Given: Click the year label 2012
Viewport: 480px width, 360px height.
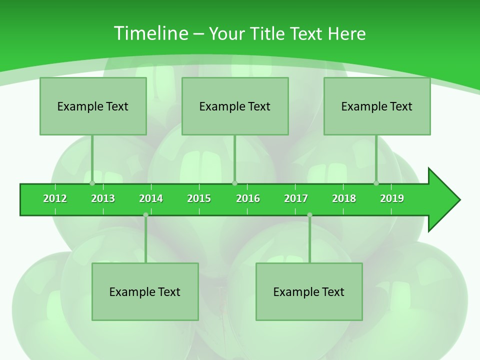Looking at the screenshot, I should click(x=55, y=198).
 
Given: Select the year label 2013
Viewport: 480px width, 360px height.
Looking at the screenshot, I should click(x=103, y=198).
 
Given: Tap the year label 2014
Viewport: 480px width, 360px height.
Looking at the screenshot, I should click(x=151, y=198).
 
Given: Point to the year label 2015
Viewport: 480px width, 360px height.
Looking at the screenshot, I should click(x=199, y=198).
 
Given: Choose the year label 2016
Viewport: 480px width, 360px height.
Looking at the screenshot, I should click(x=248, y=198).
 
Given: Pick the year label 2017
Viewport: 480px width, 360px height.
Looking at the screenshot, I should click(x=296, y=198).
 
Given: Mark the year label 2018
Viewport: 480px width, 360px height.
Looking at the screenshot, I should click(x=344, y=198).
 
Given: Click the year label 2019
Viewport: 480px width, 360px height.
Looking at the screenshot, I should click(x=392, y=198).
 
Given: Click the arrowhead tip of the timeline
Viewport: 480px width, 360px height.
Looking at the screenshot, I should click(x=458, y=200).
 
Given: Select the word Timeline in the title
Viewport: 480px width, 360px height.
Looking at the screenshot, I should click(x=150, y=33).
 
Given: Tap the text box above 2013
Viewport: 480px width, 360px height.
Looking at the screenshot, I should click(x=93, y=106).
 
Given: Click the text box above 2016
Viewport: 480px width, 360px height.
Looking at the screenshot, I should click(x=235, y=106).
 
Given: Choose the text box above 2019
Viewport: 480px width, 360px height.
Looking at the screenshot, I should click(x=377, y=106).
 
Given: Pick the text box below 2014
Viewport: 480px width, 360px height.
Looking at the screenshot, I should click(x=145, y=291).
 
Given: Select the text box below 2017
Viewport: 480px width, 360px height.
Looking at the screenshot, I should click(x=309, y=291).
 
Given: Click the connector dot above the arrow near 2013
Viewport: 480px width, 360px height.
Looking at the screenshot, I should click(x=92, y=183).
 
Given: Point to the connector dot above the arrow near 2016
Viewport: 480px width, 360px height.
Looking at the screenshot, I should click(x=234, y=183).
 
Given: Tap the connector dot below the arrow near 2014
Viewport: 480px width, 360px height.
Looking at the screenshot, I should click(x=145, y=215).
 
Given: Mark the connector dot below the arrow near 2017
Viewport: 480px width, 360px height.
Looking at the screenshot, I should click(x=309, y=215).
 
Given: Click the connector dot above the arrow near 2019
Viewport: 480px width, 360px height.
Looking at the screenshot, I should click(x=376, y=183).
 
